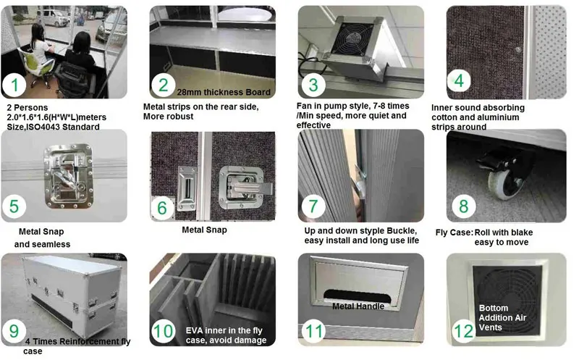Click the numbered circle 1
pos(14,87)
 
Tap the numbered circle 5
pos(15,206)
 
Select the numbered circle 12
pos(462,330)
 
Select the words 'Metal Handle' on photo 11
pos(358,306)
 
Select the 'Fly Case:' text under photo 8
pos(454,232)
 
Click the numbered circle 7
pos(313,206)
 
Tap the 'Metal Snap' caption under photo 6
pos(204,230)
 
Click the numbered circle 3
pos(313,84)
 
